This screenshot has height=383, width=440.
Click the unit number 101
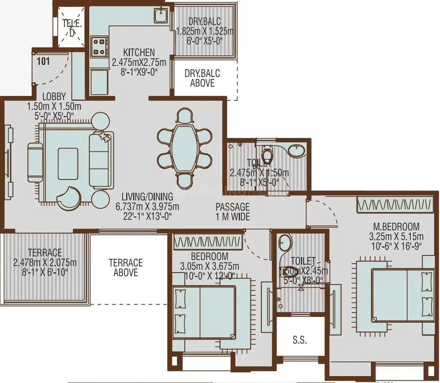point(43,61)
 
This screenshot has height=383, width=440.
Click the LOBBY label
point(54,96)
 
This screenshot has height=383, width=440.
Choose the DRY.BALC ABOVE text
point(202,78)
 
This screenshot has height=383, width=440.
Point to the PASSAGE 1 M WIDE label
point(233,211)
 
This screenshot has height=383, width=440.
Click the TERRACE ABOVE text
point(126,268)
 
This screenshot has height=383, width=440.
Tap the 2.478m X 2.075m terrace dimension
point(45,263)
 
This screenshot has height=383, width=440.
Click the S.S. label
point(299,340)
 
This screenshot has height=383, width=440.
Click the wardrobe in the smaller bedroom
point(207,242)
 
